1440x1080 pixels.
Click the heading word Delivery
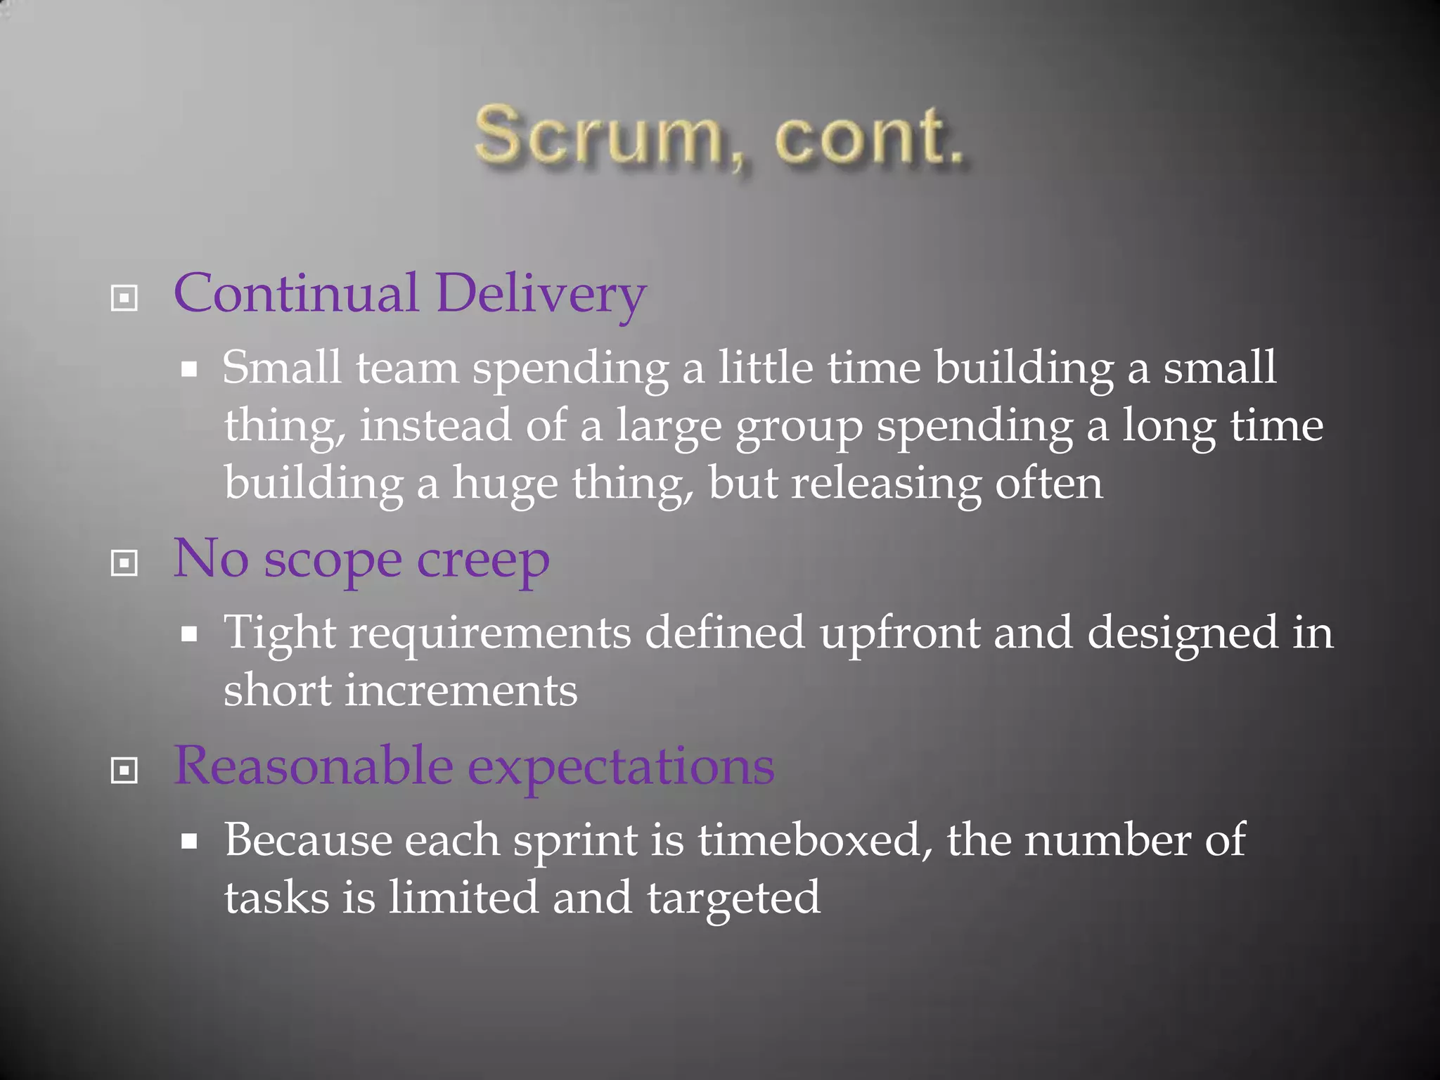point(540,294)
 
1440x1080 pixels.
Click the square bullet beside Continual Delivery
point(124,298)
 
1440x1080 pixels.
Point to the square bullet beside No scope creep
point(124,563)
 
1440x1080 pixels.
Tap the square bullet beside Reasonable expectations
point(124,770)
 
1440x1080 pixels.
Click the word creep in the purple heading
point(483,561)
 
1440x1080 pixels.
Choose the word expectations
point(622,766)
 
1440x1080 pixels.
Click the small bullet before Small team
point(188,370)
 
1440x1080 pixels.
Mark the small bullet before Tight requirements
point(188,635)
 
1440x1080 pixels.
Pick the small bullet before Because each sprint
point(188,842)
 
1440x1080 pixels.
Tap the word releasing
point(885,484)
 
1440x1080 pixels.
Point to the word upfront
point(899,634)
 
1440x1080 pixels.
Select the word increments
point(461,690)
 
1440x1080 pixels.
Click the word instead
point(435,426)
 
